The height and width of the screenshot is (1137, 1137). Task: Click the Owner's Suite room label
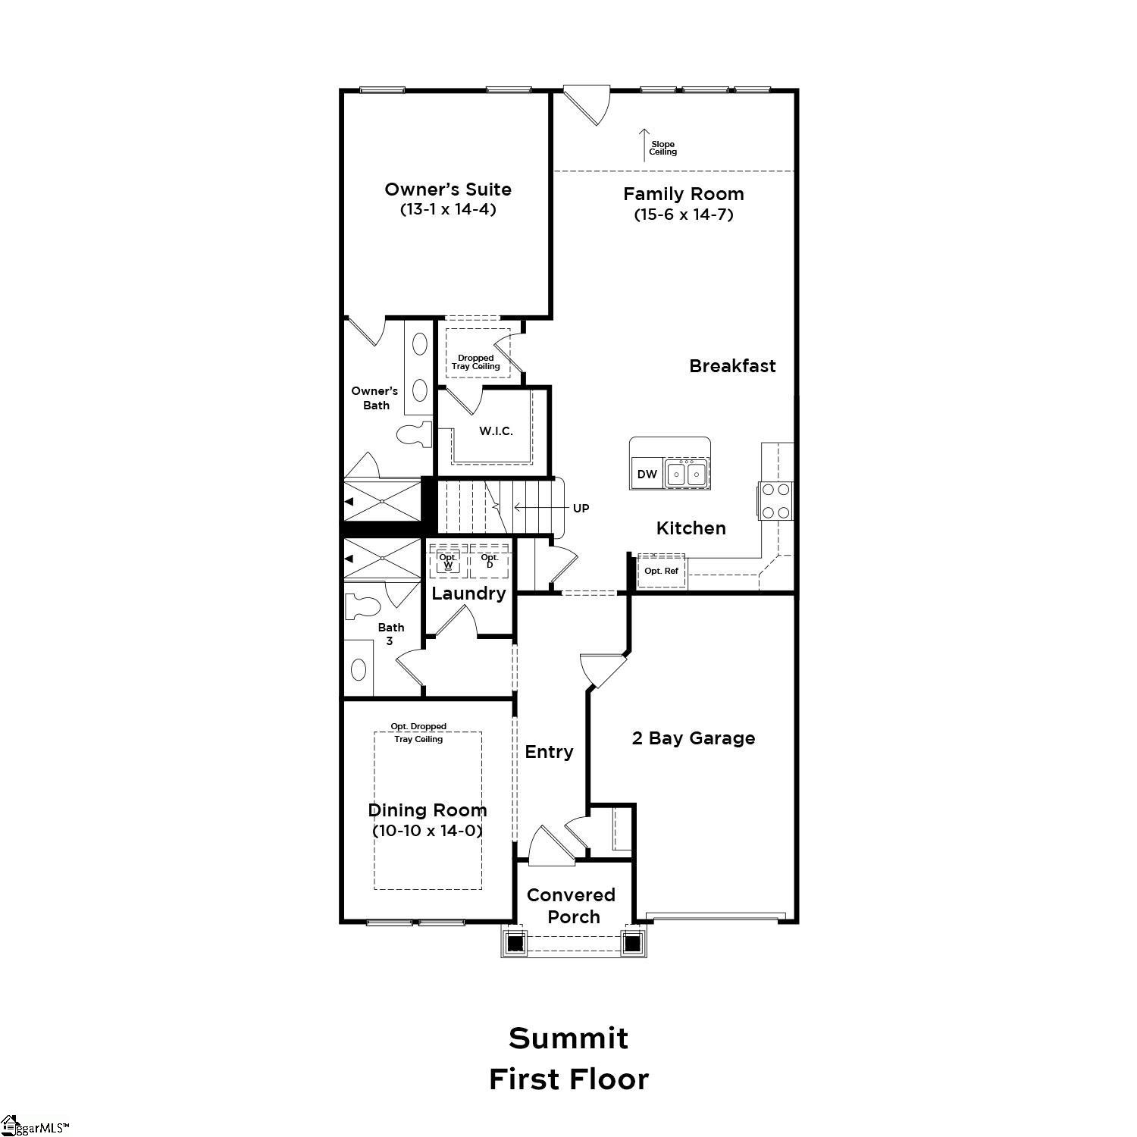447,189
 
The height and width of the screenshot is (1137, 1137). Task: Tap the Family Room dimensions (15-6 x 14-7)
683,215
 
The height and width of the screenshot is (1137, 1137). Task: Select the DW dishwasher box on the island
647,475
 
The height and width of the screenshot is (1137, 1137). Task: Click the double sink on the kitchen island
688,475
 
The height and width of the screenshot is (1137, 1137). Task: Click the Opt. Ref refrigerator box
661,571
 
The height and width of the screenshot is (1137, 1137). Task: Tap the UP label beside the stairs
581,509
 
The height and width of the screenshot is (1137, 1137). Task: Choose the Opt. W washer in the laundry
448,562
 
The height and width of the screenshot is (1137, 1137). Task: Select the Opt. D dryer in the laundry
490,562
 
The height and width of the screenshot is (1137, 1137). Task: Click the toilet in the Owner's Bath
413,434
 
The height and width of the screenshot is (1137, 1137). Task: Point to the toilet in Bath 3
362,607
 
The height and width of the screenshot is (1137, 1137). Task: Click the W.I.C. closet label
496,431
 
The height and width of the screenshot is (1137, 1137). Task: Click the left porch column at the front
515,943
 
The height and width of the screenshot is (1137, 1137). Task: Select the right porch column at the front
632,943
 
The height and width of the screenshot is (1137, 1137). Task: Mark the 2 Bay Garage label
693,738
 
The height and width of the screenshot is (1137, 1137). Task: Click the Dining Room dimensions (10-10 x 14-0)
428,831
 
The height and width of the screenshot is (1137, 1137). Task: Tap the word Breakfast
732,366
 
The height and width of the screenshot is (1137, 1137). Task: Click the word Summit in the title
568,1038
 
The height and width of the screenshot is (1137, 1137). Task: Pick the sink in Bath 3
359,669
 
